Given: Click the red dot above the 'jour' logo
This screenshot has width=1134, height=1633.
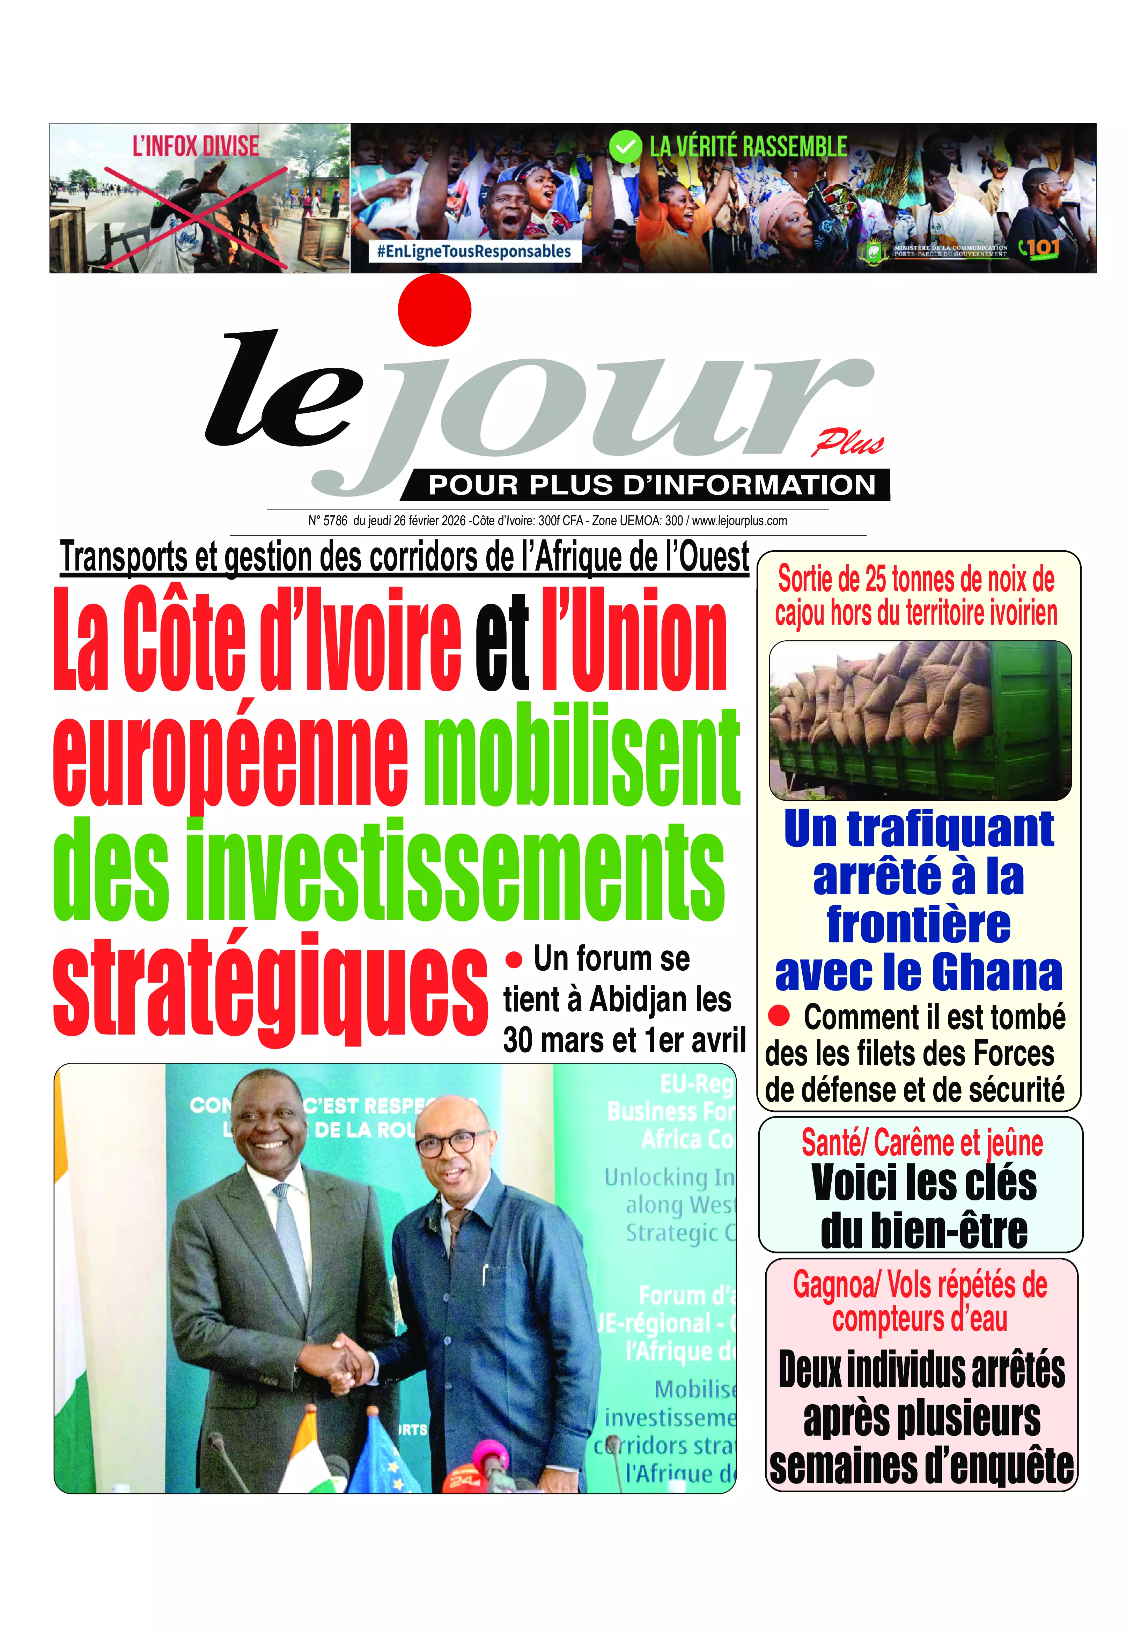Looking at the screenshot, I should (x=434, y=310).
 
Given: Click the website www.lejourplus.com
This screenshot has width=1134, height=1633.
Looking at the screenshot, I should (x=739, y=521).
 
